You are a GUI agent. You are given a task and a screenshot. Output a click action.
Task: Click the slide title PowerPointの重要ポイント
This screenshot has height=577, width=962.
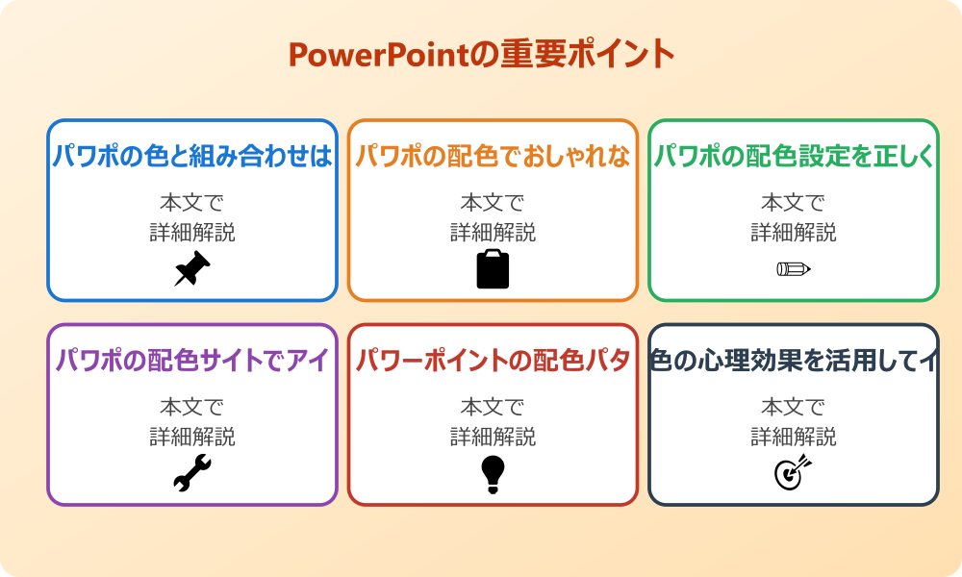click(481, 55)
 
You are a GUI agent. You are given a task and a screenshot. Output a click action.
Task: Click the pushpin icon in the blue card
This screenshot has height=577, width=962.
click(192, 269)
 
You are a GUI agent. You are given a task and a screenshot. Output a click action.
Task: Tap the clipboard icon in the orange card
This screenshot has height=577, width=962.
click(493, 269)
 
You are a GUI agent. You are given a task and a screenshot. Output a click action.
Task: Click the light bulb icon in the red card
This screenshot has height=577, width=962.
click(493, 474)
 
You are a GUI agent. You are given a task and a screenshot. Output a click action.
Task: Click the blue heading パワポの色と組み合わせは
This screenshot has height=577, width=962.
click(192, 156)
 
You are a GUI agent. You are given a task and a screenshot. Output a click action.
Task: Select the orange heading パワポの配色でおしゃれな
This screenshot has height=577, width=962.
click(493, 156)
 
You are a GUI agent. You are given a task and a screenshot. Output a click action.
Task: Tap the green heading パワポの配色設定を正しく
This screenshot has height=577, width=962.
click(794, 156)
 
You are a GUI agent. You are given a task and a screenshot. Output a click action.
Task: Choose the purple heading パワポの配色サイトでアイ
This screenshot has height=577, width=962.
click(192, 361)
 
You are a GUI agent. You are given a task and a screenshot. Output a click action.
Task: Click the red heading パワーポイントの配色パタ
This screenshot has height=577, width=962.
click(493, 361)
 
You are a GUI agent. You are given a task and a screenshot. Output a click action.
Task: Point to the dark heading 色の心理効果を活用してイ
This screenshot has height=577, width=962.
click(794, 361)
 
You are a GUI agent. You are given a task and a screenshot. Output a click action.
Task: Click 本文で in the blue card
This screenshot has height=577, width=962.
click(192, 203)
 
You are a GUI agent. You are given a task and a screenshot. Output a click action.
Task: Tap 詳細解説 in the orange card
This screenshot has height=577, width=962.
click(493, 233)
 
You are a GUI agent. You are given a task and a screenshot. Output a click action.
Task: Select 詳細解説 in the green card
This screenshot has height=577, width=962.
click(794, 233)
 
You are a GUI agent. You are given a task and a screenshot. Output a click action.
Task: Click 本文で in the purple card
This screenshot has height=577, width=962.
click(192, 408)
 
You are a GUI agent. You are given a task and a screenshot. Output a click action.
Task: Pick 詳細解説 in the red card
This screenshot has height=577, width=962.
click(493, 438)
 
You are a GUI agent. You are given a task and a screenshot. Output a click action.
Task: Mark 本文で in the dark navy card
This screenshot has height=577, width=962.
click(794, 408)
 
